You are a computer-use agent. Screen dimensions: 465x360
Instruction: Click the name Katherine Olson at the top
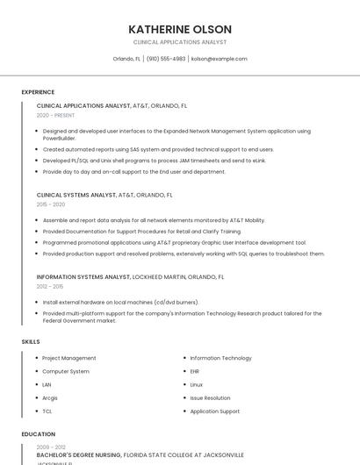point(179,29)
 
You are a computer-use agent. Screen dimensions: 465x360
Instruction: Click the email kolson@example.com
point(219,59)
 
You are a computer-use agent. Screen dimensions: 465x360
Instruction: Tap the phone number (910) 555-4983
point(166,59)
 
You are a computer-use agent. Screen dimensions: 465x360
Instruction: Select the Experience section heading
point(38,92)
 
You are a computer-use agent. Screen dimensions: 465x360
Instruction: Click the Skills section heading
point(31,341)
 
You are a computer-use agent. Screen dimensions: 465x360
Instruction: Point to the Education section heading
point(38,434)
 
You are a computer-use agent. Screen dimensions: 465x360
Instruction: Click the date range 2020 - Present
point(55,115)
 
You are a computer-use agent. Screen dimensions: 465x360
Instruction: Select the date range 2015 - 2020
point(51,204)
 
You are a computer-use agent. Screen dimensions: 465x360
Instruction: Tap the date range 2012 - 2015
point(50,286)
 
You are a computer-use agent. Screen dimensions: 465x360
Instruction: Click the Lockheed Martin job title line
point(130,276)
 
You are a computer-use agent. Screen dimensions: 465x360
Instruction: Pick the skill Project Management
point(69,358)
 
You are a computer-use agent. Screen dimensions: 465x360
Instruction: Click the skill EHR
point(195,371)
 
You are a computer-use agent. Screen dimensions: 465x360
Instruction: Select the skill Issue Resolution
point(210,397)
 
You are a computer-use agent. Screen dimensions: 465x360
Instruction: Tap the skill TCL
point(47,411)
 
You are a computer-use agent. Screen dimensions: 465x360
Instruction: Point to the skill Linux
point(196,384)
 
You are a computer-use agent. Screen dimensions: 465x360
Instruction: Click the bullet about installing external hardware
point(120,302)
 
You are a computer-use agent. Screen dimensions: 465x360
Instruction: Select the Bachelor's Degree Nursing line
point(140,454)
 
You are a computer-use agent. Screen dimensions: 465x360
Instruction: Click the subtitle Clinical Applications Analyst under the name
point(179,42)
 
